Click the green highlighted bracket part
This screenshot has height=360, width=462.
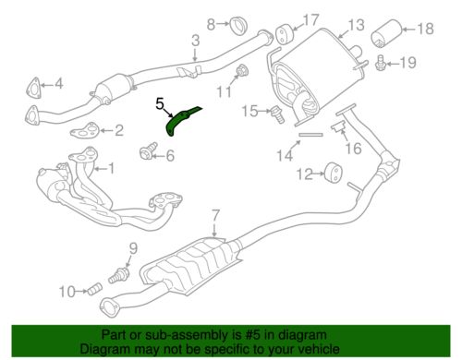pos(183,121)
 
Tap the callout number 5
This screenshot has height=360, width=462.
pos(159,104)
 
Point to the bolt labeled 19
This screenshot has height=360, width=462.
pos(381,64)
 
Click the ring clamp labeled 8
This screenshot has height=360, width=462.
pos(236,22)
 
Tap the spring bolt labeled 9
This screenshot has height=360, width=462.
pos(120,274)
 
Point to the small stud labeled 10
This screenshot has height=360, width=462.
pos(91,294)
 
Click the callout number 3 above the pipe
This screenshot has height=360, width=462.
pos(195,40)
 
